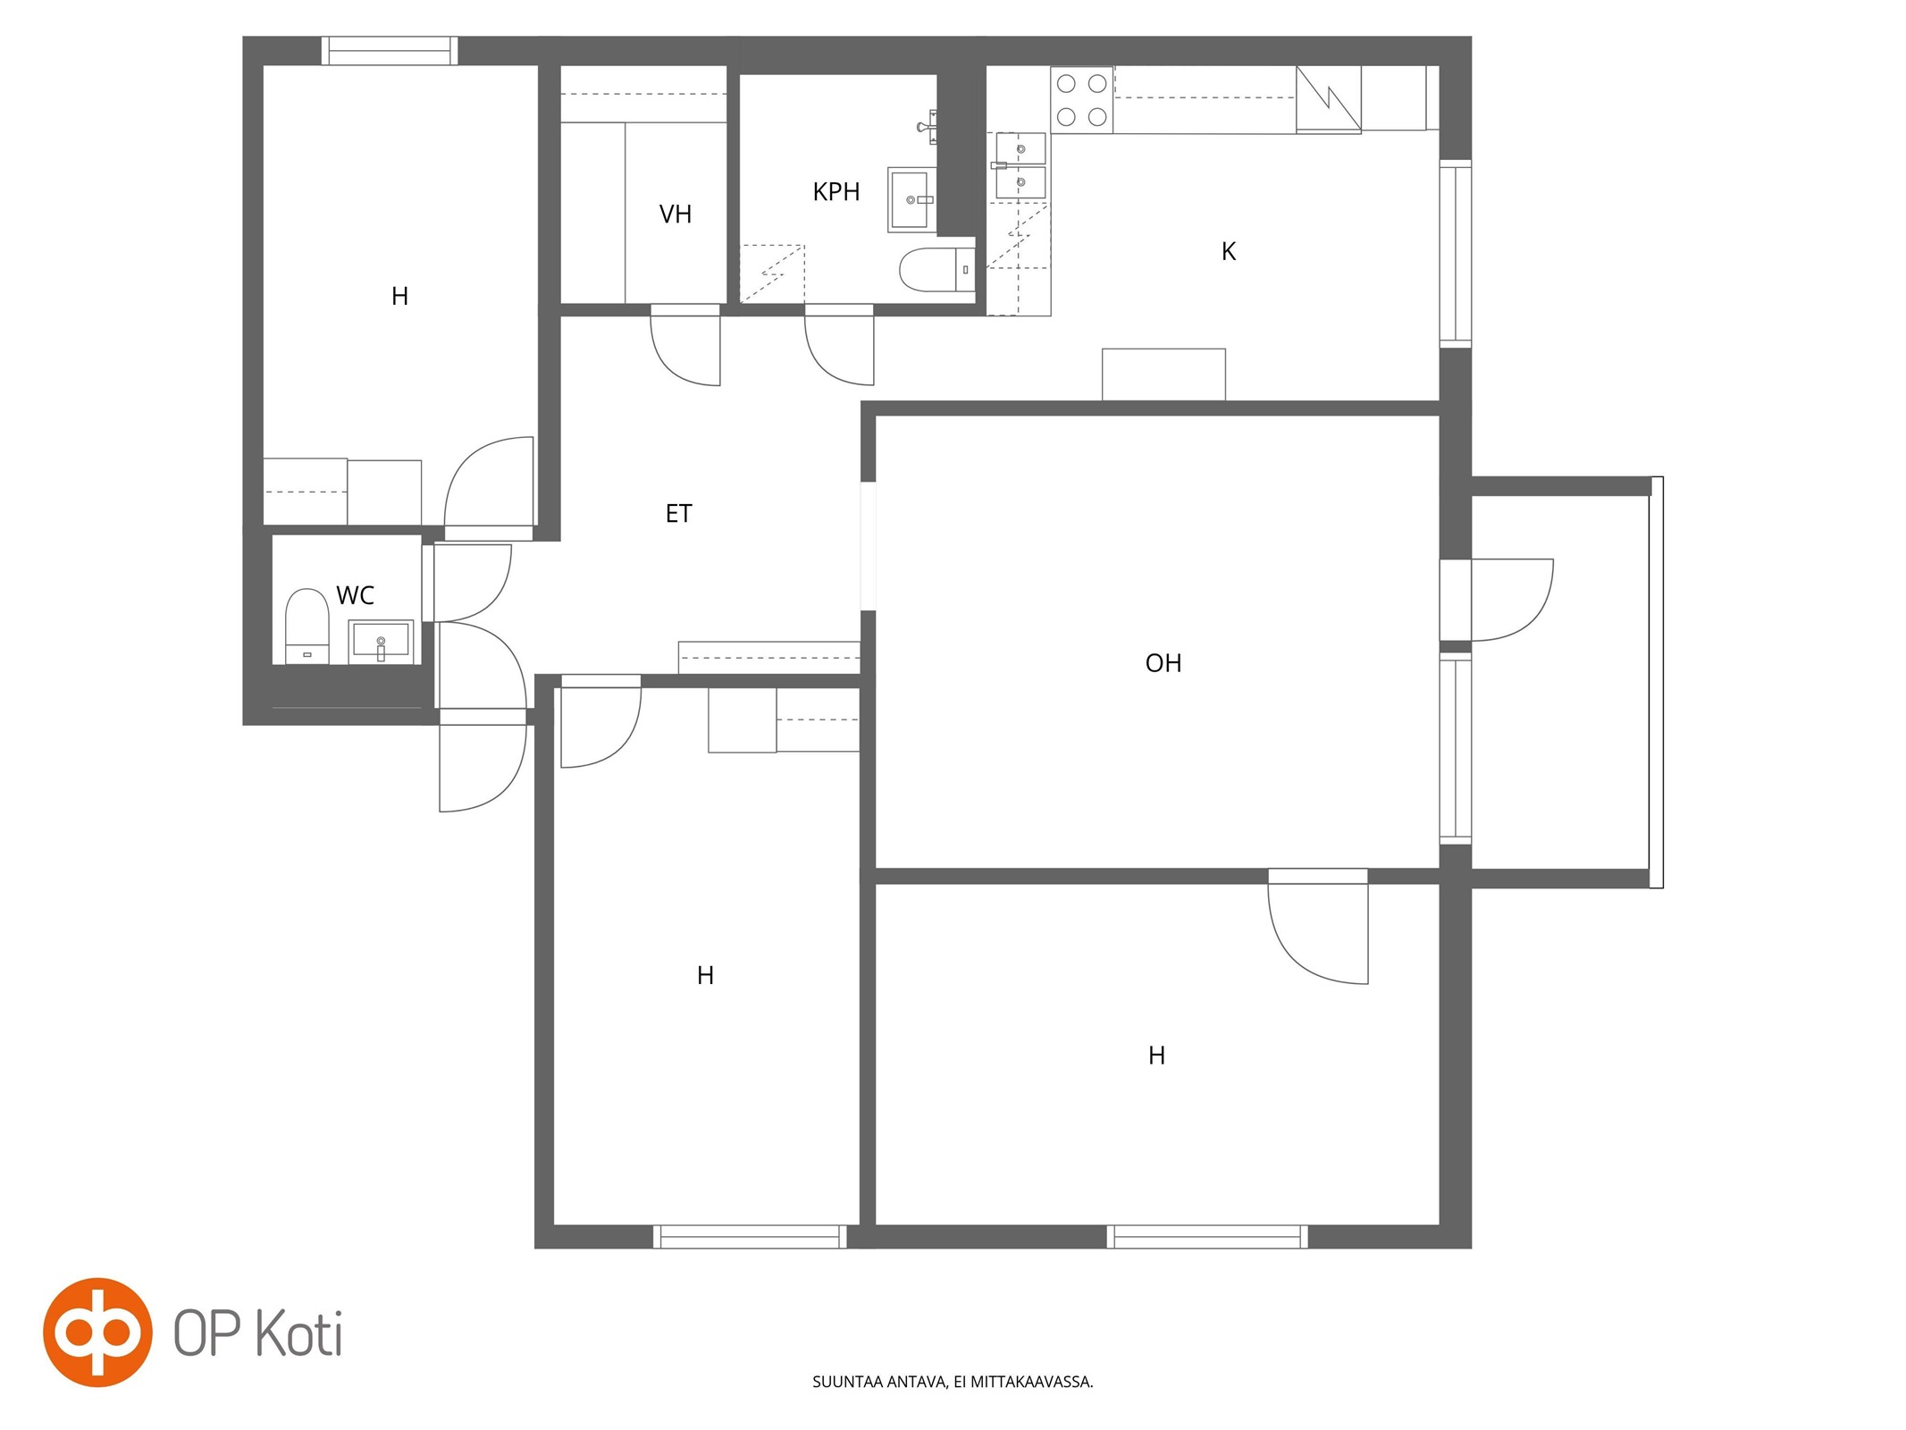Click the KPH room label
click(835, 191)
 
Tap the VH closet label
click(675, 214)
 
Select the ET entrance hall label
click(678, 513)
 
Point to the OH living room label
click(1163, 663)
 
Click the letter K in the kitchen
click(1228, 252)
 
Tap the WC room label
click(355, 595)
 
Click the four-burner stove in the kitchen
click(1081, 100)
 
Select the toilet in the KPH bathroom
click(936, 269)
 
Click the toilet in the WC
click(306, 626)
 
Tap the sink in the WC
click(381, 642)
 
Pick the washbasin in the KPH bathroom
click(911, 199)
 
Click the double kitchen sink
click(1020, 165)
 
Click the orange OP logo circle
click(97, 1332)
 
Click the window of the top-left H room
click(390, 51)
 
